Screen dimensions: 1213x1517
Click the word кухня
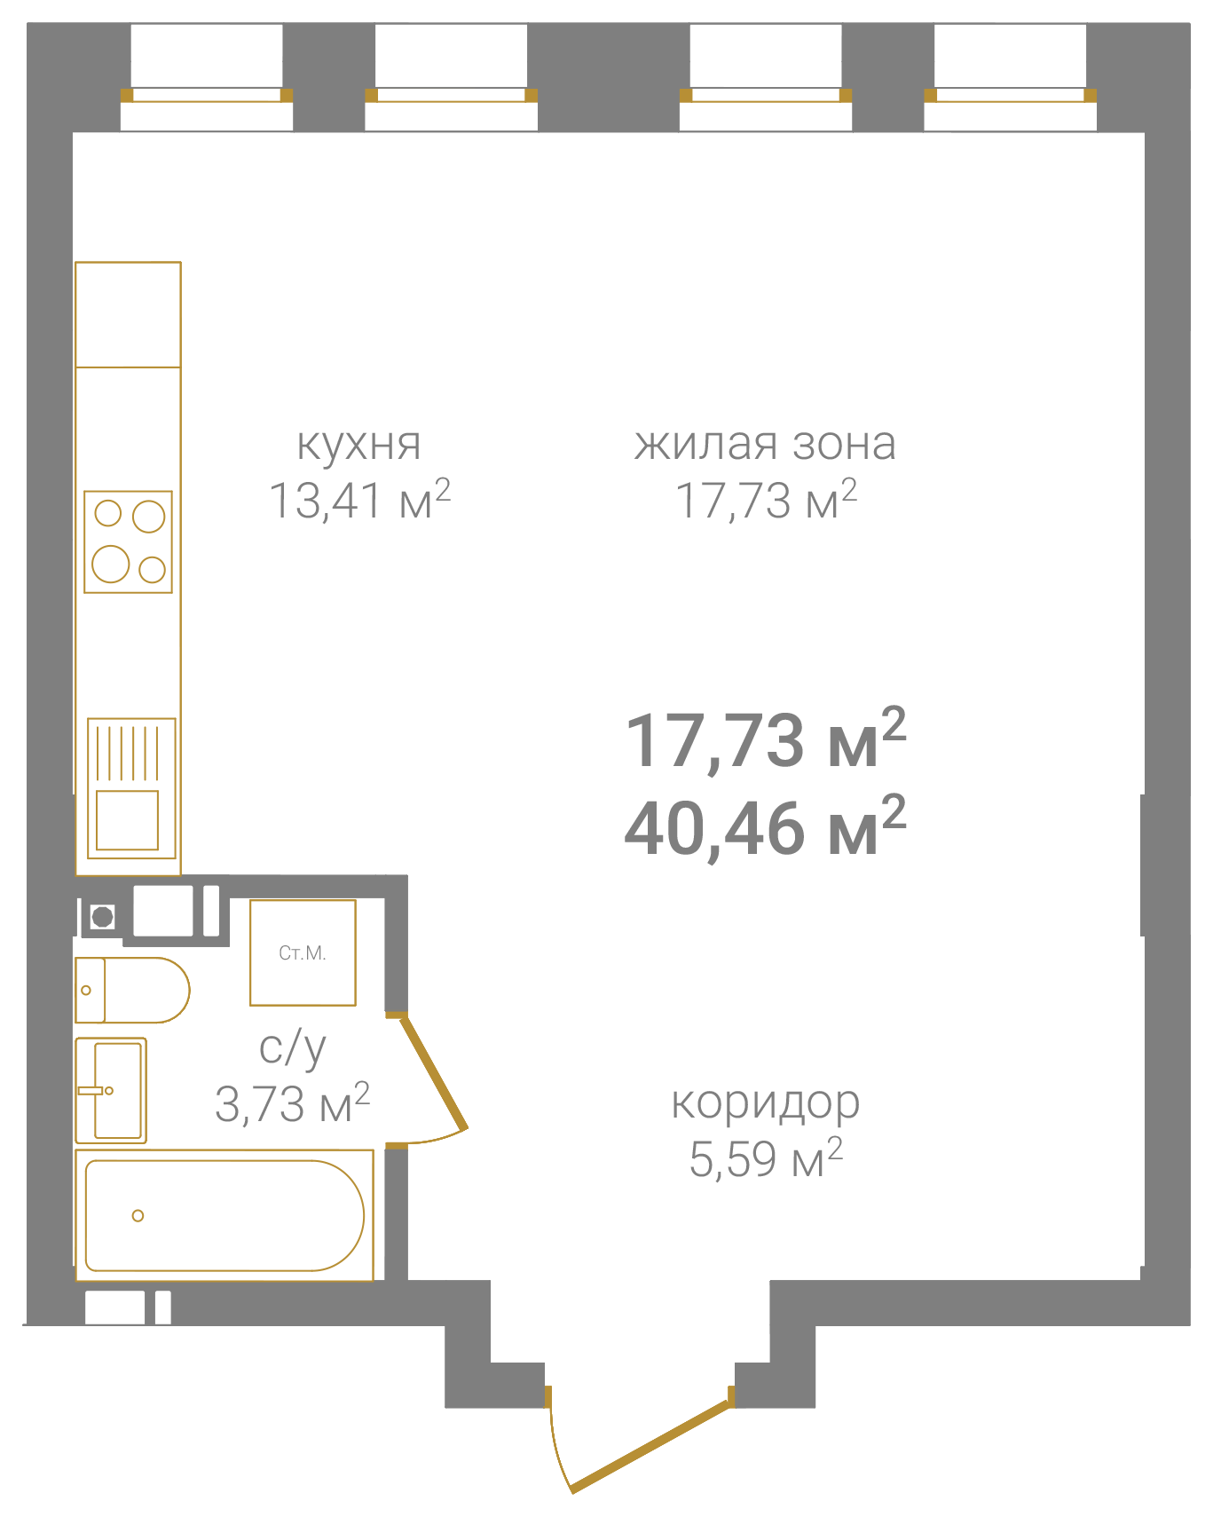358,444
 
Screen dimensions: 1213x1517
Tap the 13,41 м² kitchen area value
359,499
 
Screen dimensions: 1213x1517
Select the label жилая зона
765,444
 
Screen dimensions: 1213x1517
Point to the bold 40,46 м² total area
765,826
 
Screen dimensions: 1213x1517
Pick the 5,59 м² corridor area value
765,1158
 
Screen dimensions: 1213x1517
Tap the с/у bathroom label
293,1047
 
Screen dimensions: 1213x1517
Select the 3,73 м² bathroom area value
292,1103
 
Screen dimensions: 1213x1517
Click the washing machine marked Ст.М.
303,952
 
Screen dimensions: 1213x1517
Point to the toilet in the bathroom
132,990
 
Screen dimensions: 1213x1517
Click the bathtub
224,1215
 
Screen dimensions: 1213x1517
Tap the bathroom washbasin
111,1090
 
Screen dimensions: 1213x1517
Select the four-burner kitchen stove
128,541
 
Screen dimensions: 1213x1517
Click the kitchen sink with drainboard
131,788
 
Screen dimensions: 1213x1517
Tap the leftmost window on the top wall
207,95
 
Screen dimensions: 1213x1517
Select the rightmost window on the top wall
1010,95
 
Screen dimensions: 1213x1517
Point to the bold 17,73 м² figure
765,739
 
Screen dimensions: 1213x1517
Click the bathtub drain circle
138,1215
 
